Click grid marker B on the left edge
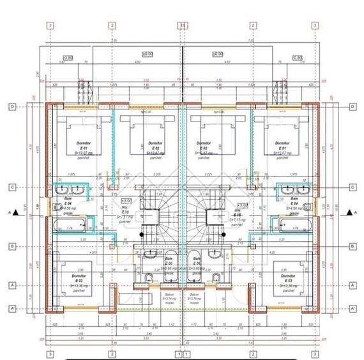click(11, 246)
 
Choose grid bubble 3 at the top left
click(50, 25)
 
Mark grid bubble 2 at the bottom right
click(253, 352)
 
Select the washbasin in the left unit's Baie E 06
click(147, 277)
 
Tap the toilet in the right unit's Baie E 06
click(216, 277)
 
